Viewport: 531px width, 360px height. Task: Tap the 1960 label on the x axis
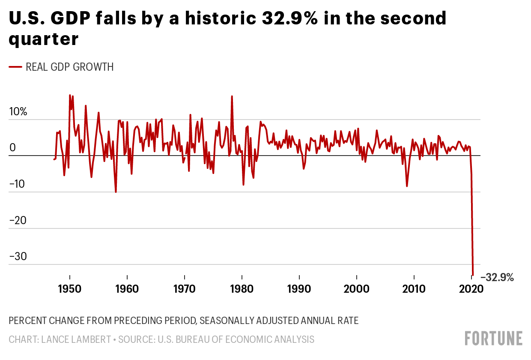[127, 288]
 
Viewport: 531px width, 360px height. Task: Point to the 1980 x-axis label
[242, 288]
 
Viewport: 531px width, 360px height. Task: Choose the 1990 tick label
[299, 288]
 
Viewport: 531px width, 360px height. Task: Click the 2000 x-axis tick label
[357, 288]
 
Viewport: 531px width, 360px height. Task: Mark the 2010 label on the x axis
[414, 288]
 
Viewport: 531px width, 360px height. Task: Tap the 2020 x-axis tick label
[471, 288]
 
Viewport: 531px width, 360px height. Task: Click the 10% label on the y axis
[18, 112]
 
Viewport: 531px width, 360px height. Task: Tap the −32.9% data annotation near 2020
[497, 278]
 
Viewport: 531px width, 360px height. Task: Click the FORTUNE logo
[494, 338]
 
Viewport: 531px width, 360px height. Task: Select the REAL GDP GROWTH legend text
[70, 67]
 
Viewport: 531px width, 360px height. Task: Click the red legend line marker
[15, 67]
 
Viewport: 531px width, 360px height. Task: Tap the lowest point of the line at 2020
[473, 275]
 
